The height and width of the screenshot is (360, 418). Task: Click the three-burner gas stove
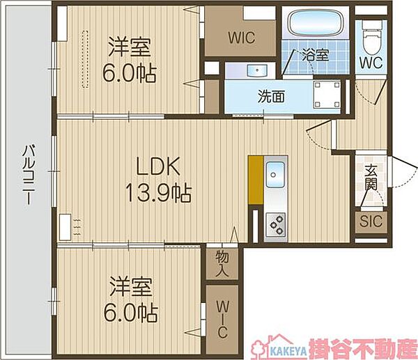(x=276, y=225)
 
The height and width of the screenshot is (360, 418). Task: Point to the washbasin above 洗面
(x=257, y=70)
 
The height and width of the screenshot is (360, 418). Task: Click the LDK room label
(x=158, y=166)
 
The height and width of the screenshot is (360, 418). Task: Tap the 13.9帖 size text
(x=158, y=193)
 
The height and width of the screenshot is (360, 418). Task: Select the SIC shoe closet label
(x=371, y=221)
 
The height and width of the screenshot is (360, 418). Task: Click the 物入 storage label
(x=222, y=263)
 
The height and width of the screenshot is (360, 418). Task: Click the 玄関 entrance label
(x=371, y=178)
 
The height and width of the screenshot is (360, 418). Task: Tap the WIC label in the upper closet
(x=242, y=38)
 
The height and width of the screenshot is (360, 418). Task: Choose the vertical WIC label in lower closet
(x=222, y=319)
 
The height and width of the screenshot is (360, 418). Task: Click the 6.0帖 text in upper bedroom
(x=130, y=74)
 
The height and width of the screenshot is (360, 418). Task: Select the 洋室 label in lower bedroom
(x=131, y=287)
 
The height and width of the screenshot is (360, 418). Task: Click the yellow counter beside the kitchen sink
(x=256, y=180)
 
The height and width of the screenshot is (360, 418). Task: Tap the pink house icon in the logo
(x=261, y=346)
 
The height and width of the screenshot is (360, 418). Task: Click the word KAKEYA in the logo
(x=288, y=352)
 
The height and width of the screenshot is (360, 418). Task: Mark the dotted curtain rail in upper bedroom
(x=85, y=59)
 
